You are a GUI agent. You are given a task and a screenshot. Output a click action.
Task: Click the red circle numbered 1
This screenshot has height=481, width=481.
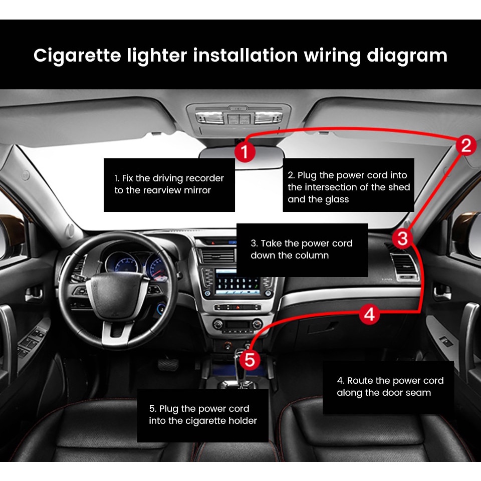[x=245, y=151]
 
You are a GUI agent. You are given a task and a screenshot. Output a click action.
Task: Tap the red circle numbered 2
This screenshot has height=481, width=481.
[x=465, y=145]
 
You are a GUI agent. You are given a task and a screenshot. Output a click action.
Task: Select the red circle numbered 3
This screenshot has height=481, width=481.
[x=402, y=238]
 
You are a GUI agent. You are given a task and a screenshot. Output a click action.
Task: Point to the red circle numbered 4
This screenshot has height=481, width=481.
[x=369, y=314]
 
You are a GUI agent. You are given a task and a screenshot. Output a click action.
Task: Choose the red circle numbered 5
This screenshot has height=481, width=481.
[x=250, y=360]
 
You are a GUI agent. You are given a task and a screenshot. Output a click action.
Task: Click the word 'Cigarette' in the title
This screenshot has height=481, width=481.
[x=77, y=56]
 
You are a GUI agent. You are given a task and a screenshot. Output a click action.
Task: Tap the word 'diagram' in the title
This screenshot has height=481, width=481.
[x=407, y=56]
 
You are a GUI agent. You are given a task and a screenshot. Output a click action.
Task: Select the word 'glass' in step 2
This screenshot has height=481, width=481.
[x=337, y=199]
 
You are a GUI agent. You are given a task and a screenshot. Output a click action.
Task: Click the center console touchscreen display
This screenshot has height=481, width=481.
[x=236, y=282]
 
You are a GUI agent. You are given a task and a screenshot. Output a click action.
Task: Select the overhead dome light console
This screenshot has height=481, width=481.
[x=238, y=118]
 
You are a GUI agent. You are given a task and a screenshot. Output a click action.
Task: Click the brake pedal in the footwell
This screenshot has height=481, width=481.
[x=168, y=364]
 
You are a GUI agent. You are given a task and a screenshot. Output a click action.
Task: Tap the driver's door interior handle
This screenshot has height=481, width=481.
[x=34, y=295]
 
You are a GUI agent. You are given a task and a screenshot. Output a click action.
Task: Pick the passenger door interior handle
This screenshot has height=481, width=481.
[x=442, y=292]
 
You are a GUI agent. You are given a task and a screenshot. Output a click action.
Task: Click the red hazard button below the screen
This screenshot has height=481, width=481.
[x=237, y=307]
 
